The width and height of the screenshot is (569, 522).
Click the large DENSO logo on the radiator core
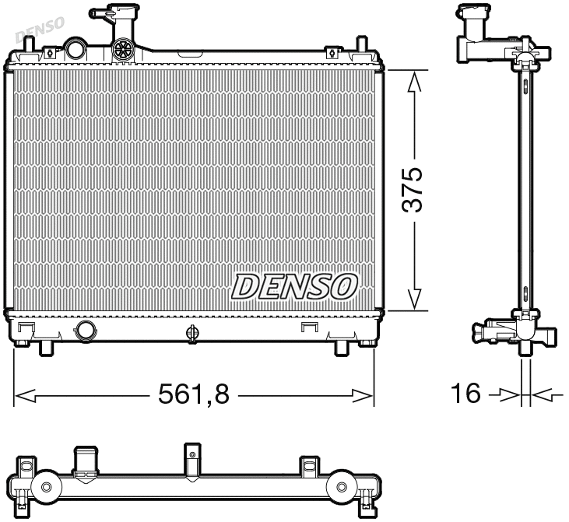(x=293, y=286)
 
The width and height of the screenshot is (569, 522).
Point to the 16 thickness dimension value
(x=466, y=394)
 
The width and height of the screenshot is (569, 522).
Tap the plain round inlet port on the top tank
(x=76, y=48)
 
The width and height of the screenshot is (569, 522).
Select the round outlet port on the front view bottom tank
(x=86, y=331)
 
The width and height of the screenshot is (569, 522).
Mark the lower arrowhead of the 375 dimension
(x=415, y=301)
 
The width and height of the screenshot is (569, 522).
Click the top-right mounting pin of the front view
(x=360, y=44)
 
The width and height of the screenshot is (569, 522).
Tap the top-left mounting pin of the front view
(x=29, y=44)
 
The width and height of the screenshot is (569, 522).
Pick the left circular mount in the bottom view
(x=46, y=487)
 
